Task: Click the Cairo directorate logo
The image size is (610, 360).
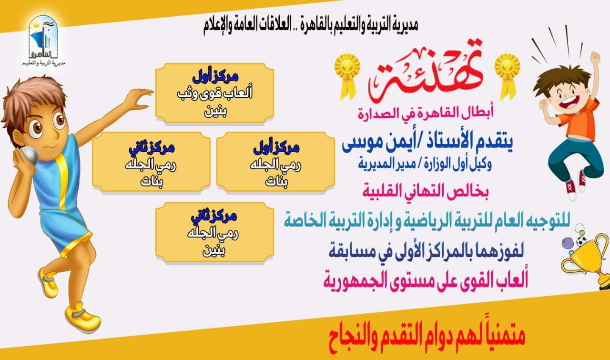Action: (43, 41)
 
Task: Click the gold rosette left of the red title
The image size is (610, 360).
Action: (347, 76)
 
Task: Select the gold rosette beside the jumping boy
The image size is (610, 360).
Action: (508, 77)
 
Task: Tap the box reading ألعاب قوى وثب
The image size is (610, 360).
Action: (214, 93)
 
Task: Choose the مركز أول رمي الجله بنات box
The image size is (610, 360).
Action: (275, 163)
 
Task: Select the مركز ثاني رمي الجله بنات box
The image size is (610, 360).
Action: (151, 163)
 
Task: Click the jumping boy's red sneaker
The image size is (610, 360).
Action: (571, 190)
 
